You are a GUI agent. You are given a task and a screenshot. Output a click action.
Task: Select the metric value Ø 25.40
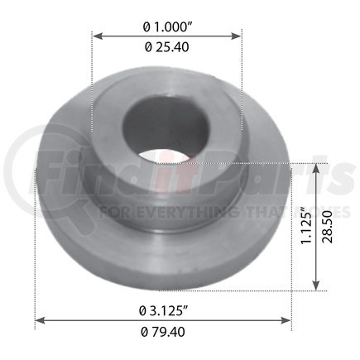tap(167, 48)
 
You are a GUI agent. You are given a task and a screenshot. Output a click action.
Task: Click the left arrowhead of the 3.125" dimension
tap(38, 321)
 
